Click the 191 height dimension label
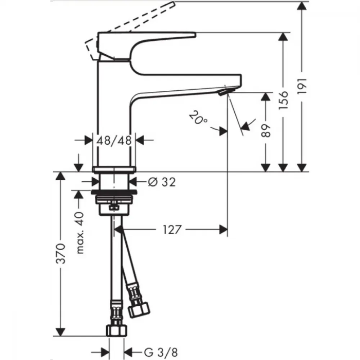tap(302, 86)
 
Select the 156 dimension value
tap(283, 100)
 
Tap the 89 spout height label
tap(266, 131)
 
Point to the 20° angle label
tap(198, 118)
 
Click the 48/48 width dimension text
tap(114, 140)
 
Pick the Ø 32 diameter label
tap(162, 182)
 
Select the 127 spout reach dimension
tap(172, 229)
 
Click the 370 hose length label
tap(61, 254)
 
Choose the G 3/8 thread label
tap(161, 352)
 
